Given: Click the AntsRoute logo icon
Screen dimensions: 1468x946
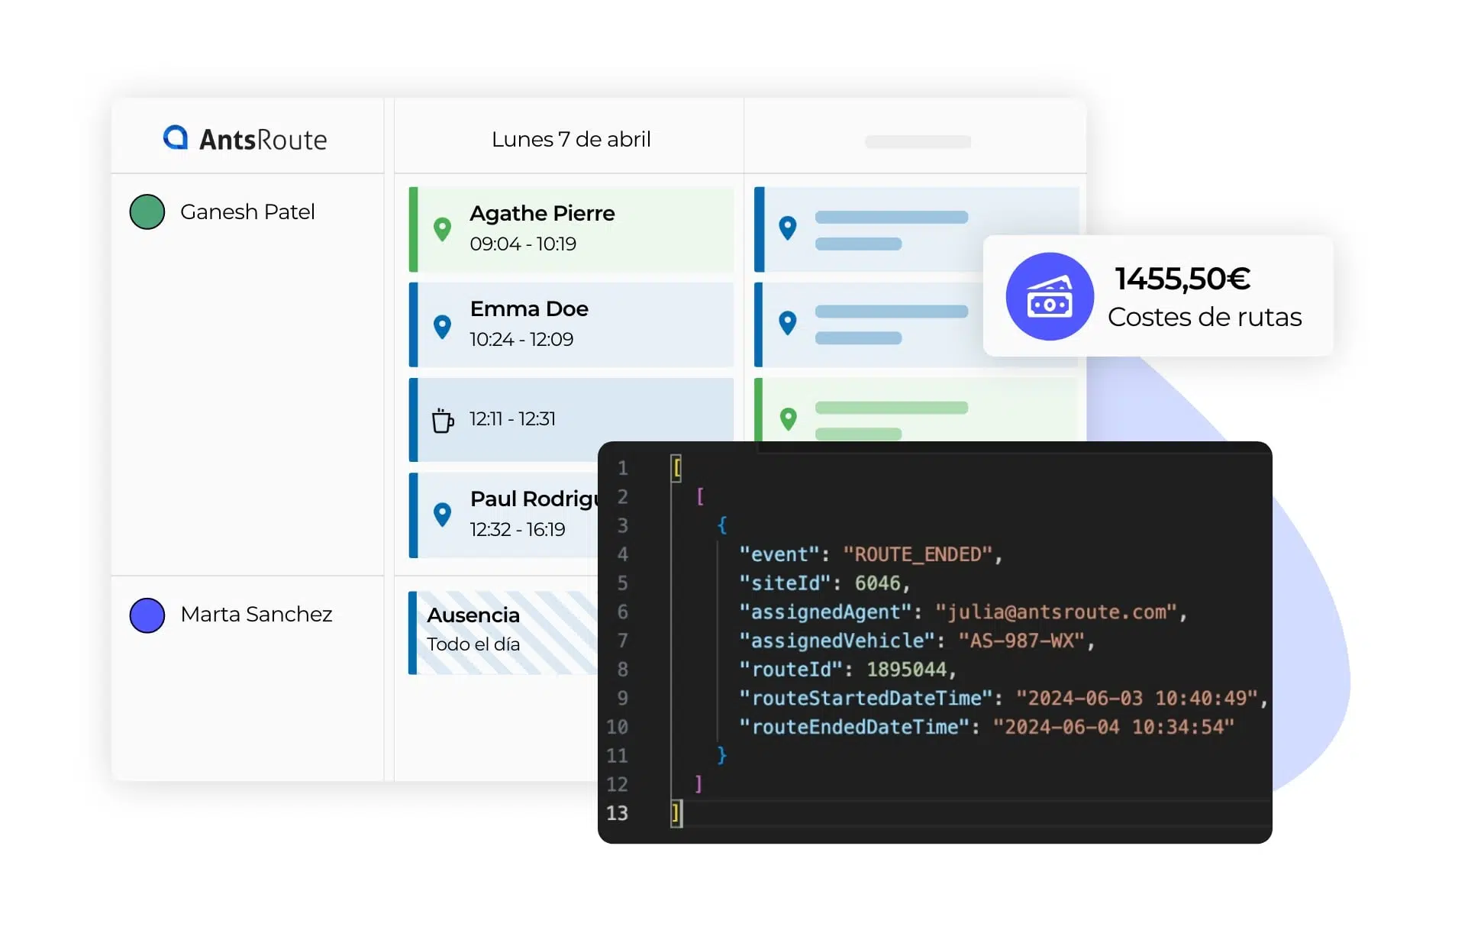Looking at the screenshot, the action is [x=176, y=137].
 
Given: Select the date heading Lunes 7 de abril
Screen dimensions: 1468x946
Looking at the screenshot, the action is [x=571, y=139].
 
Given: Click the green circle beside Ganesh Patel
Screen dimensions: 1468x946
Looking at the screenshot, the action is [x=147, y=212].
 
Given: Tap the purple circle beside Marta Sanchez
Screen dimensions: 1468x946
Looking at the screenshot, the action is [x=147, y=615].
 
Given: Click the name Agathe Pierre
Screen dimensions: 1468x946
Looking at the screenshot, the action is [x=542, y=213].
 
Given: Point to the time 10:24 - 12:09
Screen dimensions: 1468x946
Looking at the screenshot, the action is [x=521, y=339].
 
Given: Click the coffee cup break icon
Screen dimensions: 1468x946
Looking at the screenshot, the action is [x=443, y=420].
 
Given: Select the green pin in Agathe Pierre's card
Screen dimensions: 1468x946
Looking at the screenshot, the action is [x=442, y=229].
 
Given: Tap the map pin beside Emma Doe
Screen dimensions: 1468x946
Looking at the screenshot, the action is [x=442, y=326].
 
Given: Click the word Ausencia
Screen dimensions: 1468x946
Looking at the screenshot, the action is [x=473, y=615].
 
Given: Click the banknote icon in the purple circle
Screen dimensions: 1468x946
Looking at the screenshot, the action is [x=1050, y=297].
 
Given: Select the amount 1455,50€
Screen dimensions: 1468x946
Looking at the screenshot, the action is [x=1182, y=279].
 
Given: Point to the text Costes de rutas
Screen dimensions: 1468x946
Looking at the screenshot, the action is [x=1205, y=317].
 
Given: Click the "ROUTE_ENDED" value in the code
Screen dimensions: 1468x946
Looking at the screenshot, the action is [x=918, y=554].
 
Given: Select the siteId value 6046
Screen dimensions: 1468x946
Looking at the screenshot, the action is [x=877, y=583].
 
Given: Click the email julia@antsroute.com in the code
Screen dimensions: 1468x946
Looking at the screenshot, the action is [x=1057, y=612].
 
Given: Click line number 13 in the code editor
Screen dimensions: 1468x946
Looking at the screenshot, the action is [x=617, y=813].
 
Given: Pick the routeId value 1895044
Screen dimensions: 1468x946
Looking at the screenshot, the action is [x=906, y=670].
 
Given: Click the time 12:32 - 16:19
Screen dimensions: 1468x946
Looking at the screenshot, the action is [x=518, y=529].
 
